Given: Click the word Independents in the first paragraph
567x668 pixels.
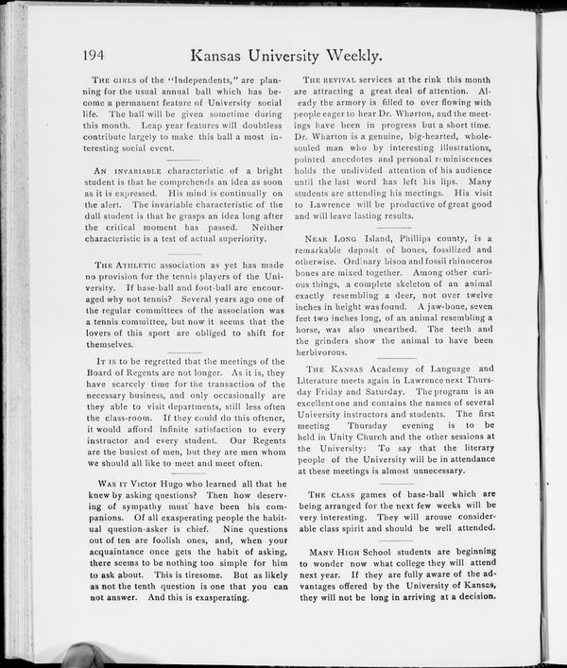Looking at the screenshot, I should click(201, 77).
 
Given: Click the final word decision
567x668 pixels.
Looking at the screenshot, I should click(467, 596).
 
